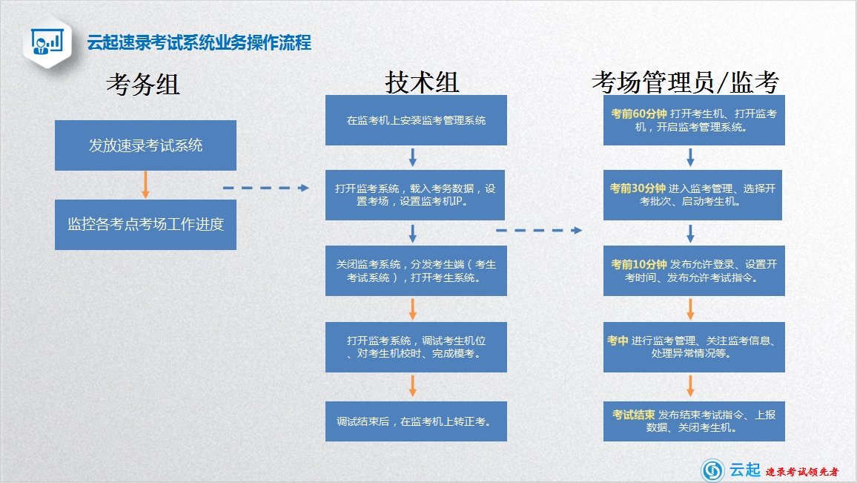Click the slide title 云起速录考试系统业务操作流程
(x=199, y=43)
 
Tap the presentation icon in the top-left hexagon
(x=47, y=42)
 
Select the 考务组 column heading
(x=143, y=85)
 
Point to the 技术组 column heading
(x=422, y=82)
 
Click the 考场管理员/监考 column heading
(x=686, y=82)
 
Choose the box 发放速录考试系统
(x=145, y=145)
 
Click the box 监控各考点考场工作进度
(x=145, y=224)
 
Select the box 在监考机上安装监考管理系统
(x=416, y=120)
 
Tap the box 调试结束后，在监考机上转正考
(x=416, y=421)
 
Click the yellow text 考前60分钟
(x=638, y=114)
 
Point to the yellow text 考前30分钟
(x=638, y=188)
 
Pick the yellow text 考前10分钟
(x=638, y=264)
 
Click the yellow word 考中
(x=618, y=341)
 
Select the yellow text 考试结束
(x=633, y=415)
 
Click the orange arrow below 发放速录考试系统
(x=145, y=185)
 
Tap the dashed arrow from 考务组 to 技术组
(x=265, y=188)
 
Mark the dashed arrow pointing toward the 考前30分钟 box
(x=539, y=230)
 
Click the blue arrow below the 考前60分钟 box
(x=690, y=157)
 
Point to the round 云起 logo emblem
(x=712, y=470)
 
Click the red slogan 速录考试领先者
(x=802, y=472)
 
